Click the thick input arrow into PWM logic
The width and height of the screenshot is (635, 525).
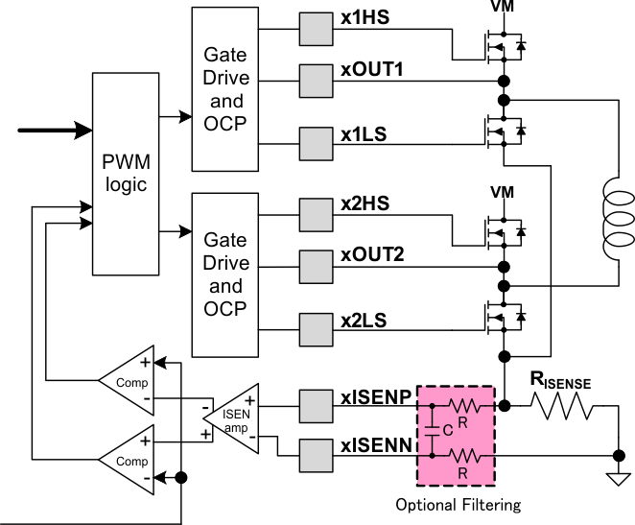pos(53,129)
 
